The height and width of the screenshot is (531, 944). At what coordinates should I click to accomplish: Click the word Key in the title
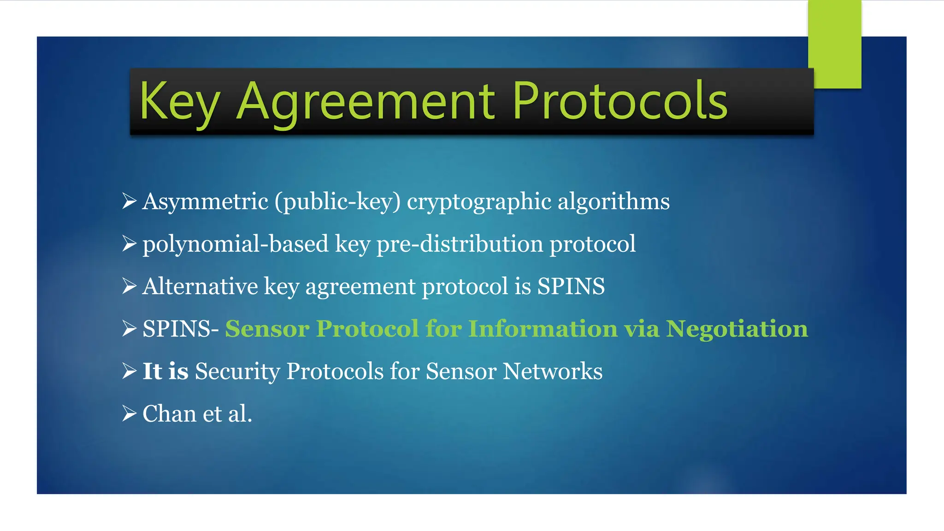(x=179, y=102)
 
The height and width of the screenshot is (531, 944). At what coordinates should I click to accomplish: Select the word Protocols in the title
(x=619, y=101)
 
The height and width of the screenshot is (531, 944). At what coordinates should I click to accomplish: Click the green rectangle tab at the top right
(x=834, y=44)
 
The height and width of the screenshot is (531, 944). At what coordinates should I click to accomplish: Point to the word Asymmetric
(x=205, y=202)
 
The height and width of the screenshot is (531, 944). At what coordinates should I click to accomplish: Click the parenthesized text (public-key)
(x=337, y=202)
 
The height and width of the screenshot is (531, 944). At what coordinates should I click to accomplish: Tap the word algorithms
(x=614, y=202)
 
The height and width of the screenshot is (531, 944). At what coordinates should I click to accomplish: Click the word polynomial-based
(x=236, y=244)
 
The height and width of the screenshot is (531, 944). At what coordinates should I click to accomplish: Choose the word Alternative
(x=200, y=287)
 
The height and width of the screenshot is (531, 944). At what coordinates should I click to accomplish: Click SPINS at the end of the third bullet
(x=571, y=287)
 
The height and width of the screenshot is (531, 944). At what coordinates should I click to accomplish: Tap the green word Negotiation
(x=737, y=329)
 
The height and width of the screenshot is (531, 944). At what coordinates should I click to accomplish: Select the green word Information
(x=543, y=329)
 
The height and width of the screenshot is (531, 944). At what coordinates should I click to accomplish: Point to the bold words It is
(x=165, y=372)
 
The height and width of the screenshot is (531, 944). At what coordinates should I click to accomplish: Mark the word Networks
(x=552, y=372)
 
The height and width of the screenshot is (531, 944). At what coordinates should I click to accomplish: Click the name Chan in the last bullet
(x=169, y=414)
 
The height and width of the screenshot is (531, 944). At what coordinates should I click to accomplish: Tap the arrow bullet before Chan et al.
(x=129, y=413)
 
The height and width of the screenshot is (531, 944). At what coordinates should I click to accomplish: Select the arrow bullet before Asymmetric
(x=129, y=201)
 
